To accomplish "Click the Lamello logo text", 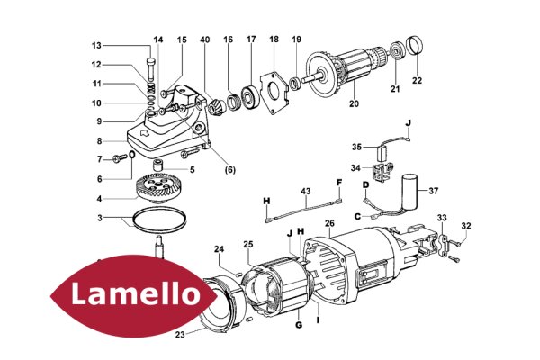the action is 136,294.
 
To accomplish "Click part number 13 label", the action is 96,46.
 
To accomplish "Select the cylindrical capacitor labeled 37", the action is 409,192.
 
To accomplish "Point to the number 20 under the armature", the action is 354,103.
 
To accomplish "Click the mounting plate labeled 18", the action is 274,93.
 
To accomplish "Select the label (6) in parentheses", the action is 229,170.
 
